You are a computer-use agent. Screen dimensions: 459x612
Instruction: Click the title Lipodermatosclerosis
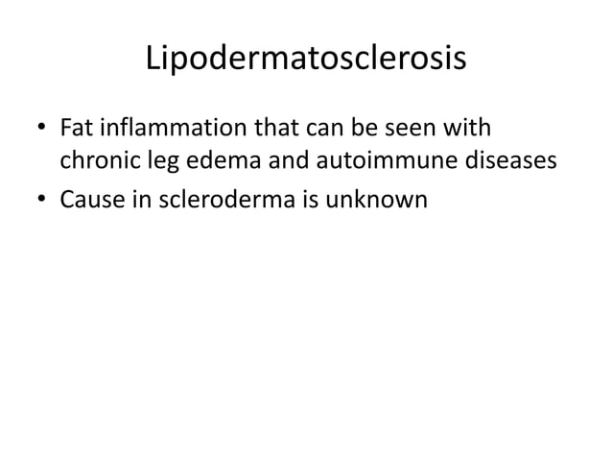tap(305, 60)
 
